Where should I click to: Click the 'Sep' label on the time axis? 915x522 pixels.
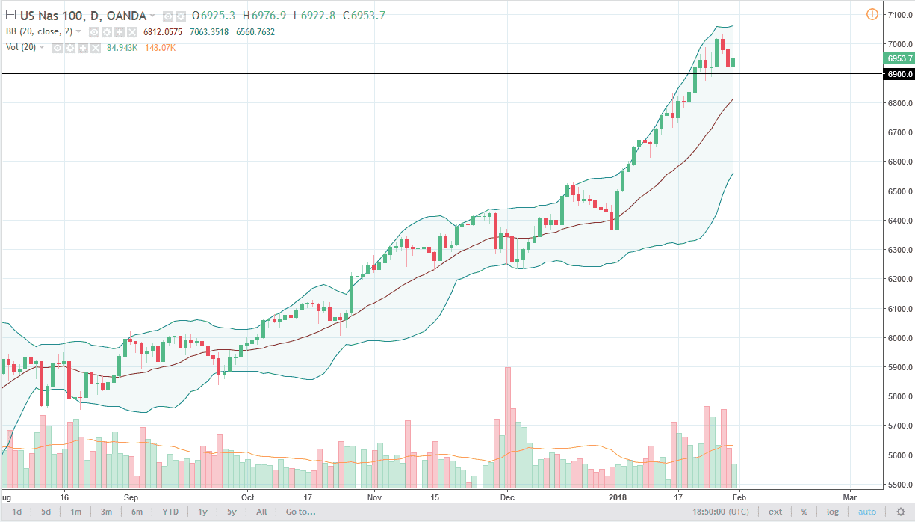131,497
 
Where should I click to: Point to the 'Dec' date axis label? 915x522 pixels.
507,497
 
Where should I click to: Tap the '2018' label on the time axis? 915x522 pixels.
618,497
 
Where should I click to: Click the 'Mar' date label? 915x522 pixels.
849,497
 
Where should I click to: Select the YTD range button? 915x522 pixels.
170,512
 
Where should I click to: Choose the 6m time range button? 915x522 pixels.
137,512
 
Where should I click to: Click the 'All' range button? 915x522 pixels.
261,512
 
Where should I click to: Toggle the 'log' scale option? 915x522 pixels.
833,512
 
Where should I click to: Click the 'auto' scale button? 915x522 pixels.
867,512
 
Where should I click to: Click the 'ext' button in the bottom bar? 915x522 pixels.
775,512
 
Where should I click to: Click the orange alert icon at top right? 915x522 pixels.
872,14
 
